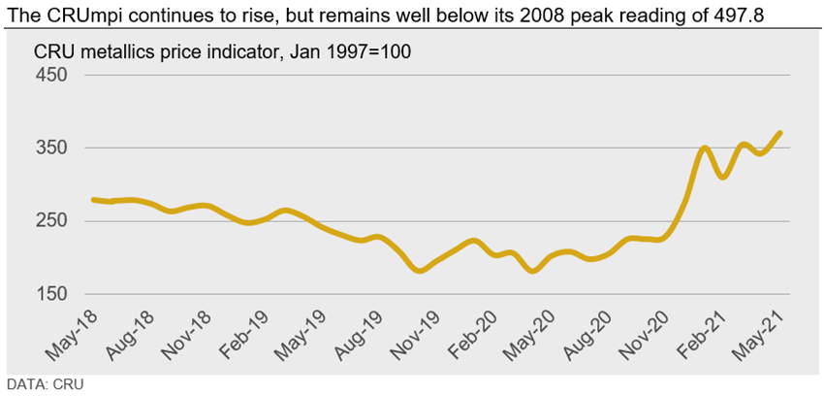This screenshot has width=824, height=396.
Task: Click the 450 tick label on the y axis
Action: (50, 76)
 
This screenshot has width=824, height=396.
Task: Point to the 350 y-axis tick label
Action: (50, 148)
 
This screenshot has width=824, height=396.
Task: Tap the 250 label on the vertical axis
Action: (50, 221)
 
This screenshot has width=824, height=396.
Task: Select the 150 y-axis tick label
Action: (50, 294)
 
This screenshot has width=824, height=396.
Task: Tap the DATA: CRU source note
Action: (46, 384)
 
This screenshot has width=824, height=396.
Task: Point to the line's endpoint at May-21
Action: (780, 133)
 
